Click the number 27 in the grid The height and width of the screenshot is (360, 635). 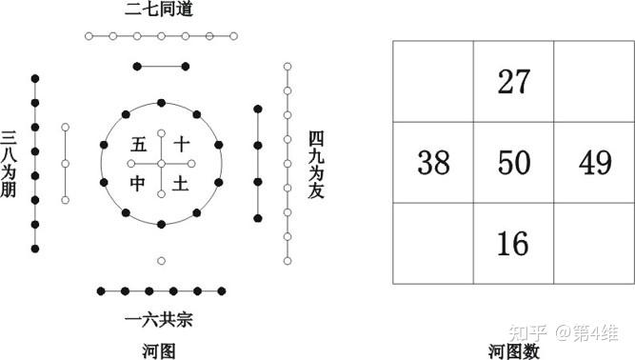pyautogui.click(x=514, y=82)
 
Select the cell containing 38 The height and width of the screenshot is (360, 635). pyautogui.click(x=434, y=164)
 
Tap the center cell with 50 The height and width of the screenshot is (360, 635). pyautogui.click(x=514, y=164)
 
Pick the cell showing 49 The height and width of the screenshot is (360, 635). pyautogui.click(x=595, y=164)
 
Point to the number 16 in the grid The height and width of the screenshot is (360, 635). pyautogui.click(x=514, y=244)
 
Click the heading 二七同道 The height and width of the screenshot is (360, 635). pyautogui.click(x=160, y=12)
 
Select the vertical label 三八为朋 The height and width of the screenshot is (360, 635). pyautogui.click(x=10, y=165)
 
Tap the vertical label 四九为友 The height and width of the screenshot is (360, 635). pyautogui.click(x=317, y=165)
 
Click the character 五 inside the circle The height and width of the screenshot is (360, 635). pyautogui.click(x=139, y=145)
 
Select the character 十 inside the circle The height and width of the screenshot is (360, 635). pyautogui.click(x=181, y=145)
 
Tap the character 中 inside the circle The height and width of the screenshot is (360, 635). pyautogui.click(x=139, y=183)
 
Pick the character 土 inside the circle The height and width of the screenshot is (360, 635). pyautogui.click(x=181, y=183)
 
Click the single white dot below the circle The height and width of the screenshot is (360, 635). pyautogui.click(x=161, y=260)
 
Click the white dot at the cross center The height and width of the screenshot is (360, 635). pyautogui.click(x=161, y=164)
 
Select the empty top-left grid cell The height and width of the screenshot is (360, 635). pyautogui.click(x=434, y=82)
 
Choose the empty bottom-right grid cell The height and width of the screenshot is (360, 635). pyautogui.click(x=595, y=244)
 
